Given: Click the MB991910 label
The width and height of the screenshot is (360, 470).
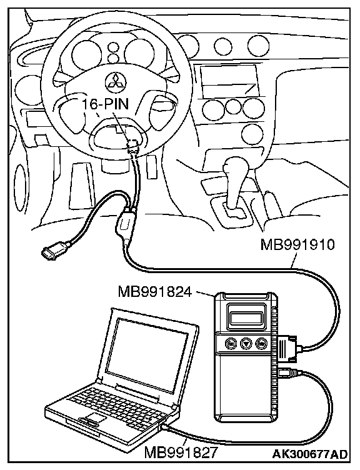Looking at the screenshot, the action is click(297, 245).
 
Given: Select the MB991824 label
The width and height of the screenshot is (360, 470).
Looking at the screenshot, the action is click(155, 291).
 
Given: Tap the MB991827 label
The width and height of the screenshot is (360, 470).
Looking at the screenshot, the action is click(181, 452).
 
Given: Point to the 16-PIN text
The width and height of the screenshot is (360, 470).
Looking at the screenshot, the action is click(105, 104).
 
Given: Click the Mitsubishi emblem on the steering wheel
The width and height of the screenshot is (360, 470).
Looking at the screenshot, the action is click(116, 81).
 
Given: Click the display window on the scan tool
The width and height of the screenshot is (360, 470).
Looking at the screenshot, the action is click(245, 317).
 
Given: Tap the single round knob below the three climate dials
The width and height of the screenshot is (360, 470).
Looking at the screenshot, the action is click(251, 132).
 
